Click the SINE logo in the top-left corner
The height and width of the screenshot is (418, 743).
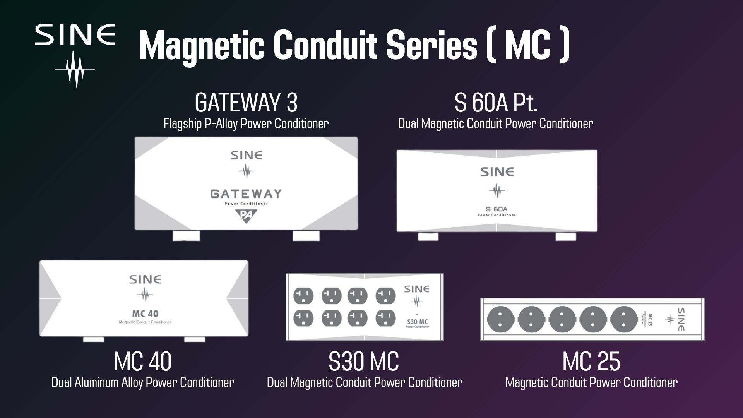point(75,54)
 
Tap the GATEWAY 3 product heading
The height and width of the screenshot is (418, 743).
point(246,103)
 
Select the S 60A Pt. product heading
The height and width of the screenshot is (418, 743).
point(496,103)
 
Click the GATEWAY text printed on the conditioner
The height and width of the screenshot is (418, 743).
point(246,194)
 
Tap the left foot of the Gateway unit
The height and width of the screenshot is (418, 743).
point(186,235)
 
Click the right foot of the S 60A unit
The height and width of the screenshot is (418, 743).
point(565,236)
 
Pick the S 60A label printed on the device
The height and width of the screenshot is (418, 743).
point(497,209)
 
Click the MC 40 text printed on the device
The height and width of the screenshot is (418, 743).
point(145,313)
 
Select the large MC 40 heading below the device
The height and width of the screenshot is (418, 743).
point(142,361)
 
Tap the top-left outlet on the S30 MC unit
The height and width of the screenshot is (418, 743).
point(303,296)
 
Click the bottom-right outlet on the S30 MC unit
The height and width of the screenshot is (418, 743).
point(385,319)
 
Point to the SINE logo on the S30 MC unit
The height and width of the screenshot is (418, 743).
point(416,294)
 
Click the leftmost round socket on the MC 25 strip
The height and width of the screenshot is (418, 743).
point(500,319)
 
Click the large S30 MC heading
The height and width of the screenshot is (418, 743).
point(363,361)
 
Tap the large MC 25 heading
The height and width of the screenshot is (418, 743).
point(591,361)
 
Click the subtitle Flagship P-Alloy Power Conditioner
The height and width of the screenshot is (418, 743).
point(246,124)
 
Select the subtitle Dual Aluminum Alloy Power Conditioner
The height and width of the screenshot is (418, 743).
point(142,382)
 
